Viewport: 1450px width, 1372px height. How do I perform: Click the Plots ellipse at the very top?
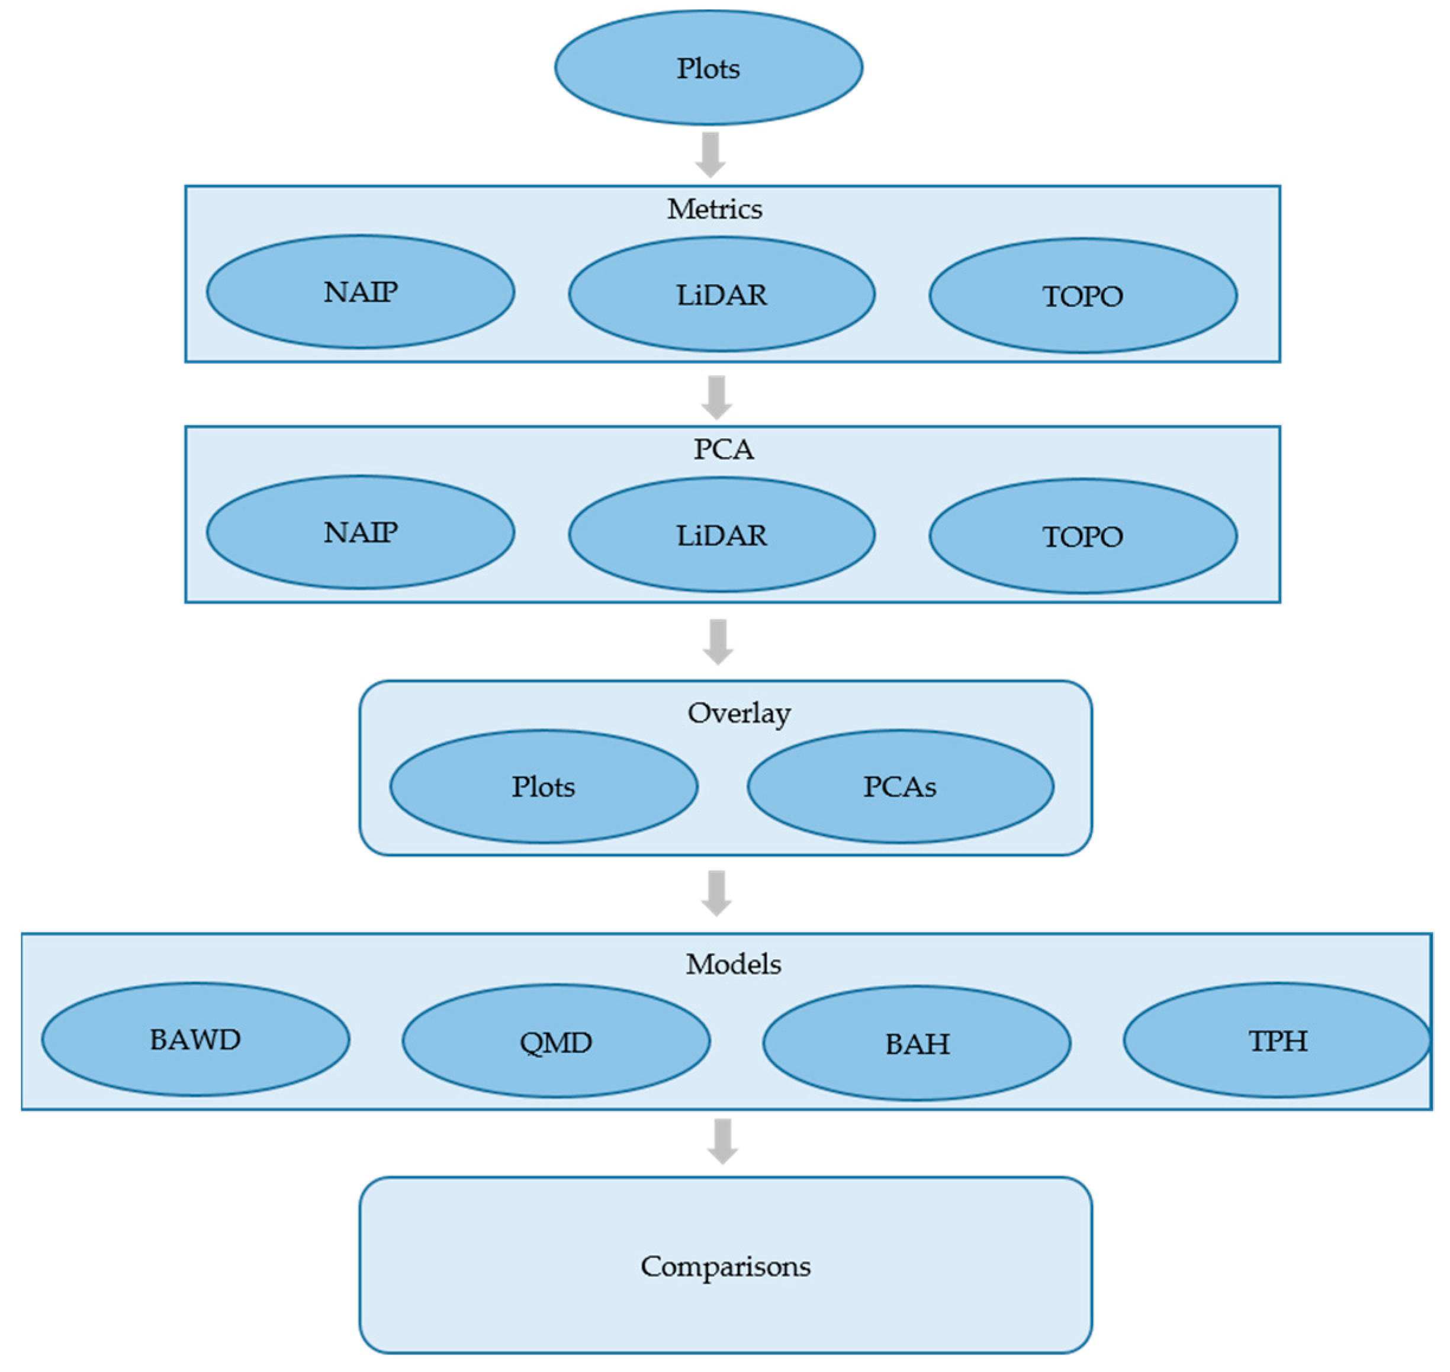(x=708, y=68)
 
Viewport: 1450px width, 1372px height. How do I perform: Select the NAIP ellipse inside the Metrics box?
(x=361, y=292)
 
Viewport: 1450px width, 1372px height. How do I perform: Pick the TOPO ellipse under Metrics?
(x=1082, y=296)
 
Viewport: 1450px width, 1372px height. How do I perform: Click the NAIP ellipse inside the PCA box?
(x=361, y=532)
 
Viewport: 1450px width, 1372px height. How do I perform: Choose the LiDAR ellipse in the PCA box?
(x=722, y=535)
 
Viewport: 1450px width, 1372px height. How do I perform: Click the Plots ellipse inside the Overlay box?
(x=544, y=787)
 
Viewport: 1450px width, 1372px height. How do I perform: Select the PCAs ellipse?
(x=900, y=787)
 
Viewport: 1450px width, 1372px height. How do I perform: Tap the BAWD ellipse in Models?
(x=195, y=1040)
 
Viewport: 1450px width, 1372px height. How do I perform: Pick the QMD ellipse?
(x=556, y=1042)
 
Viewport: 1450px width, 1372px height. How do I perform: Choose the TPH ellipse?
(x=1277, y=1041)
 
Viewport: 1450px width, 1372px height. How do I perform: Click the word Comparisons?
(x=725, y=1267)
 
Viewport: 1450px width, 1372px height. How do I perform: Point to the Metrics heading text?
(x=715, y=209)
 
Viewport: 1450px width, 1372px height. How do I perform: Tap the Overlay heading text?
(x=738, y=713)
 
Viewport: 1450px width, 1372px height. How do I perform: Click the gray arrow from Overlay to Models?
(x=716, y=893)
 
